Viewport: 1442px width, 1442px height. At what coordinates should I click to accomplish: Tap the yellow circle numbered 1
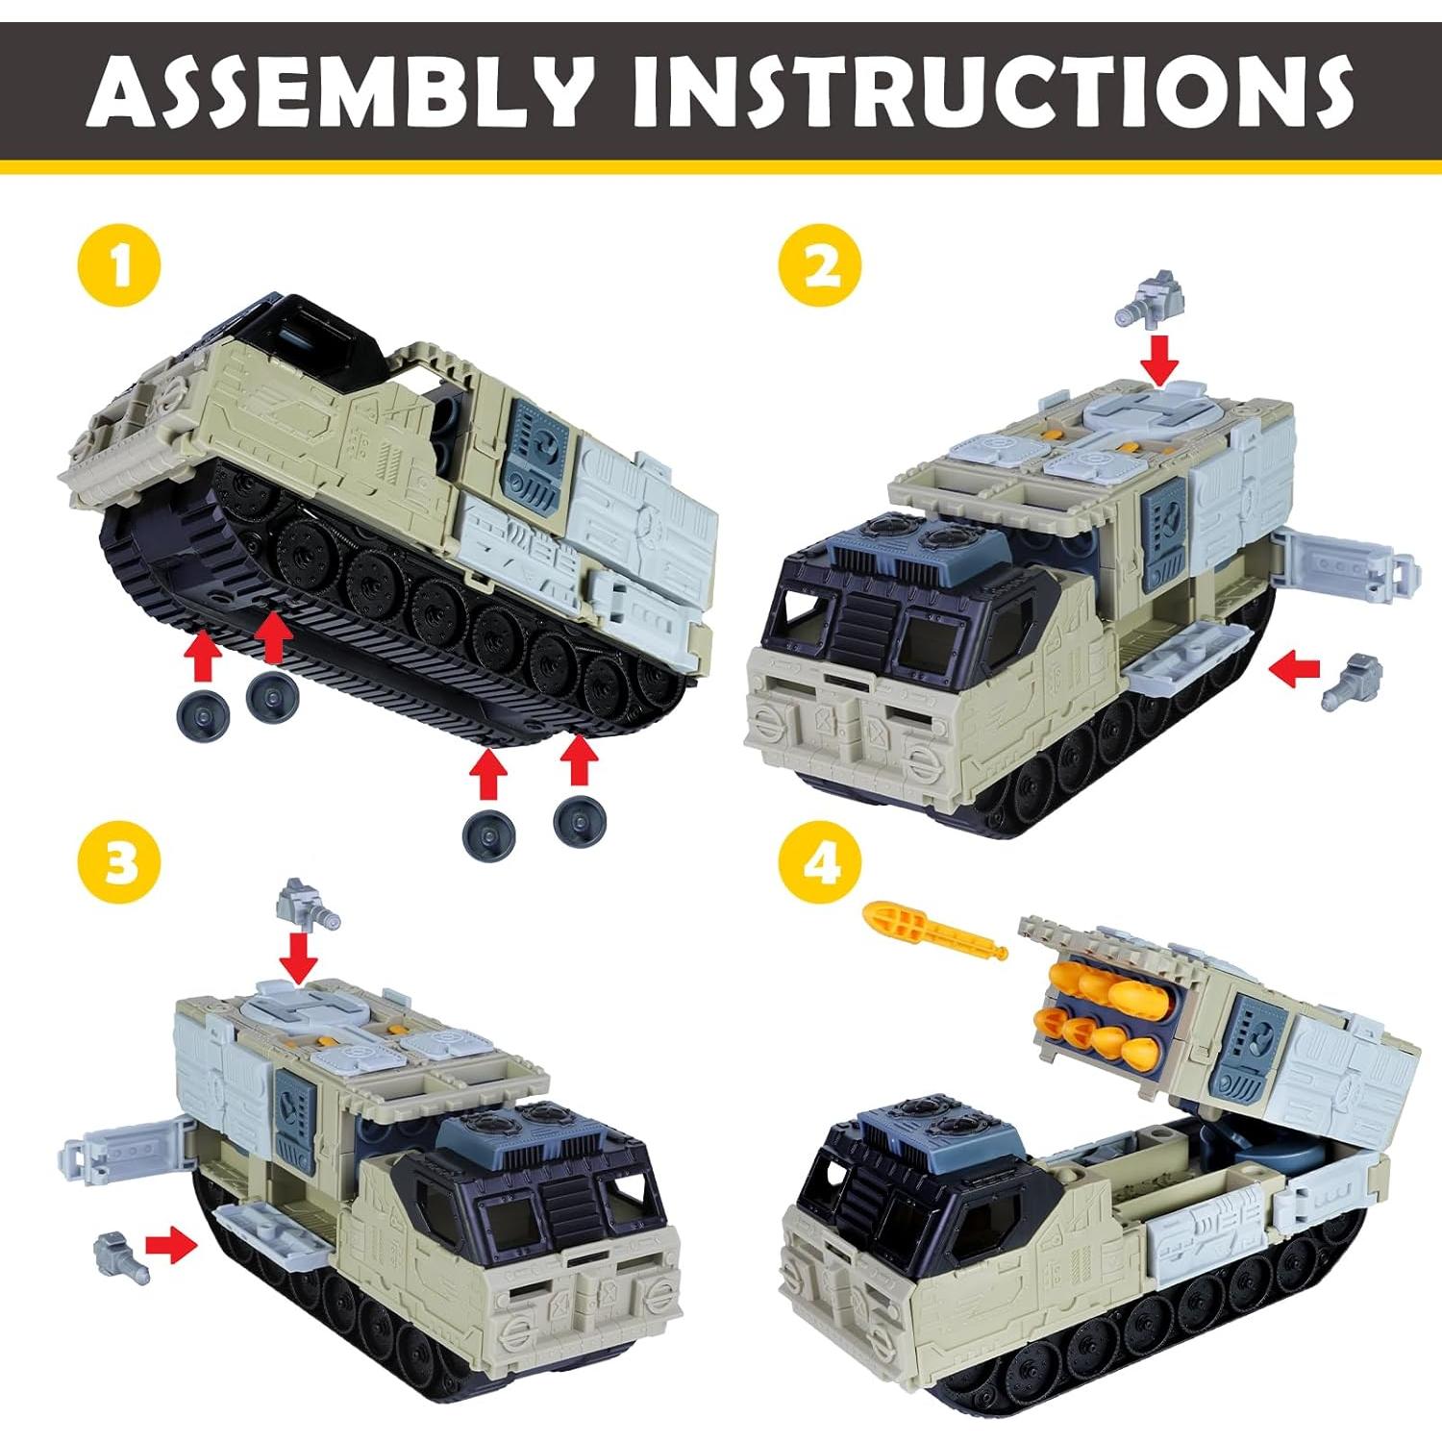click(x=120, y=265)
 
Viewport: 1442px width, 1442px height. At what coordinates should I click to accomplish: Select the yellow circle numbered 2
click(x=820, y=265)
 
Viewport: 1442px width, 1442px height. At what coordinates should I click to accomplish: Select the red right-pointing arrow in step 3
click(x=171, y=1247)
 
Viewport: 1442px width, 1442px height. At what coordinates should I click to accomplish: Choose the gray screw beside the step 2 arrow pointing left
click(x=1353, y=681)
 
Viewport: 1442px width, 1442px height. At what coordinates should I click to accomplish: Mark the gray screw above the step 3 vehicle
click(x=308, y=903)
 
